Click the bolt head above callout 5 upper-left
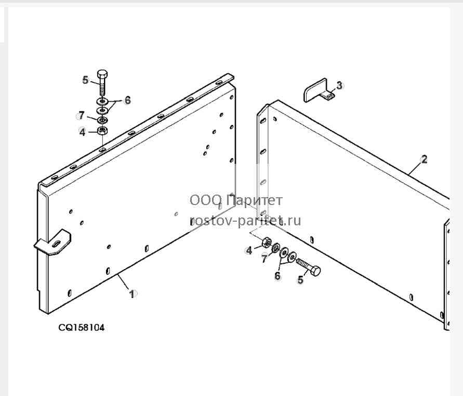[x=102, y=74]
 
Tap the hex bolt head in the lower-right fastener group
[x=315, y=271]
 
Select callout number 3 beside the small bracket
[x=339, y=85]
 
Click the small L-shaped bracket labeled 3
[x=319, y=91]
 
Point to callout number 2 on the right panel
[x=424, y=160]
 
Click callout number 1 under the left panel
[x=132, y=294]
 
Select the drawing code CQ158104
[x=81, y=328]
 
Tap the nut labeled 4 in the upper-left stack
[x=102, y=130]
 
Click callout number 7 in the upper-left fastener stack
[x=82, y=115]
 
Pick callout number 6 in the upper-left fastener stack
[x=127, y=100]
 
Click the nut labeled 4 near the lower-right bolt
[x=267, y=242]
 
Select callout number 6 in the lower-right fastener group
[x=277, y=276]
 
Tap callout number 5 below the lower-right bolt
[x=300, y=279]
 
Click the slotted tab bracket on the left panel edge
[x=52, y=243]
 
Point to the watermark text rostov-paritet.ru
[x=245, y=220]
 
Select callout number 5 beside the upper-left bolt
[x=85, y=80]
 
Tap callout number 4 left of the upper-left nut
[x=82, y=132]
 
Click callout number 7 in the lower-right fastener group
[x=264, y=259]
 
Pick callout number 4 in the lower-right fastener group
[x=249, y=250]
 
